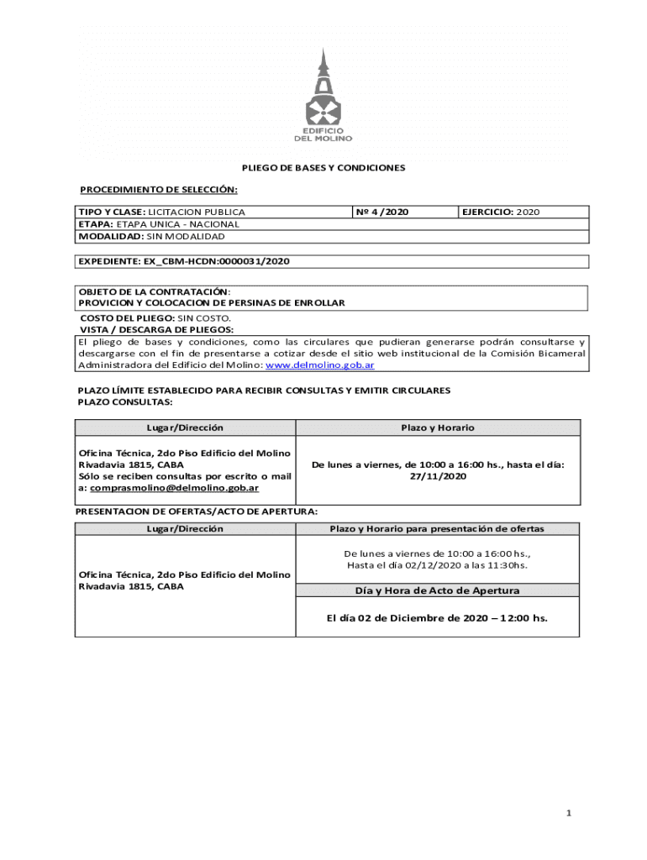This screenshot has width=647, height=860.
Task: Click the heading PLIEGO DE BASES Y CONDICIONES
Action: point(323,168)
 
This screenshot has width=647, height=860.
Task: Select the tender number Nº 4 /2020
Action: point(383,212)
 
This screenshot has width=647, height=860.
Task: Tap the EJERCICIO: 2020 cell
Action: point(500,212)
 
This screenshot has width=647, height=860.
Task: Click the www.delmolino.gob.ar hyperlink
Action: point(320,365)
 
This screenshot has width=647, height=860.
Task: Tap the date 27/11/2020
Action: point(438,476)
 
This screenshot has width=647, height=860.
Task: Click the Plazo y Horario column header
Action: point(437,427)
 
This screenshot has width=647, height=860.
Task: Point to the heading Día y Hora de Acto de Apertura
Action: point(437,590)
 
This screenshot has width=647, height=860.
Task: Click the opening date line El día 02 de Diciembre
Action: point(437,618)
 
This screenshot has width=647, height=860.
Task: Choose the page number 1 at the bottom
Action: point(569,813)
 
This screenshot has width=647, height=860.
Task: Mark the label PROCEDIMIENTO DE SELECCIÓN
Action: point(158,190)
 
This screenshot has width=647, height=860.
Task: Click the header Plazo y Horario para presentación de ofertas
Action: point(437,529)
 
